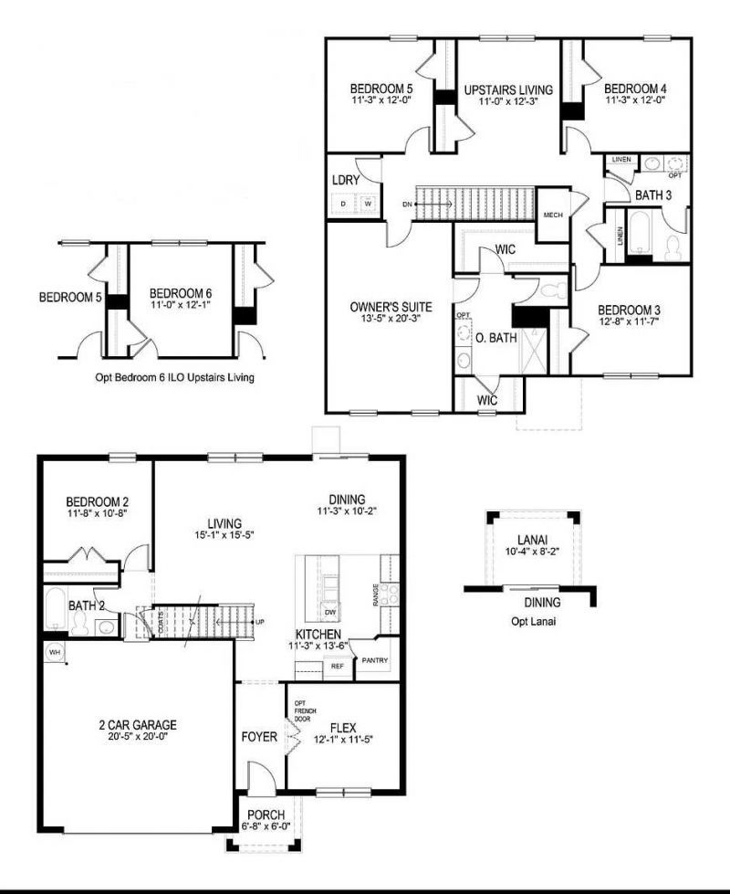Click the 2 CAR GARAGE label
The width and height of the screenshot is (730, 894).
[138, 725]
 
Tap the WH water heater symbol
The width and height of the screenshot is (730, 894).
[54, 653]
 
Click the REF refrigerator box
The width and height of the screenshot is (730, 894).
[337, 667]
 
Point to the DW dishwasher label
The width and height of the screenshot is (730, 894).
[330, 612]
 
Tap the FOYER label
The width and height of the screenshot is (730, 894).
[259, 736]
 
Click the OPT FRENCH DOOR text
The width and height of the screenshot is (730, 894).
[302, 710]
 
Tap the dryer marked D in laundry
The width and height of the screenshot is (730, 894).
[343, 203]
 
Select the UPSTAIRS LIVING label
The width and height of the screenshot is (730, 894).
[508, 89]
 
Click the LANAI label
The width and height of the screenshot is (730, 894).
[532, 540]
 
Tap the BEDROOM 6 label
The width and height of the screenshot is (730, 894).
[181, 294]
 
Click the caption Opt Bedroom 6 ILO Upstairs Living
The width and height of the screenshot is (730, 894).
[174, 376]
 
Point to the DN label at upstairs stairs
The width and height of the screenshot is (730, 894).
[406, 205]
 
